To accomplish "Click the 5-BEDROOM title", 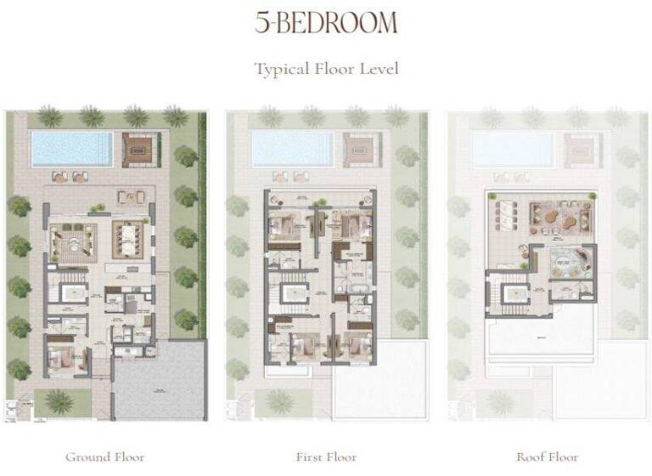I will tap(326, 23).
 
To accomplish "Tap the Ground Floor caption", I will tap(104, 457).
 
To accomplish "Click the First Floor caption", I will tap(326, 457).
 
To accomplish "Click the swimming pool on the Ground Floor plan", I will tap(71, 149).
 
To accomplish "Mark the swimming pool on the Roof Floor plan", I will tap(512, 149).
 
